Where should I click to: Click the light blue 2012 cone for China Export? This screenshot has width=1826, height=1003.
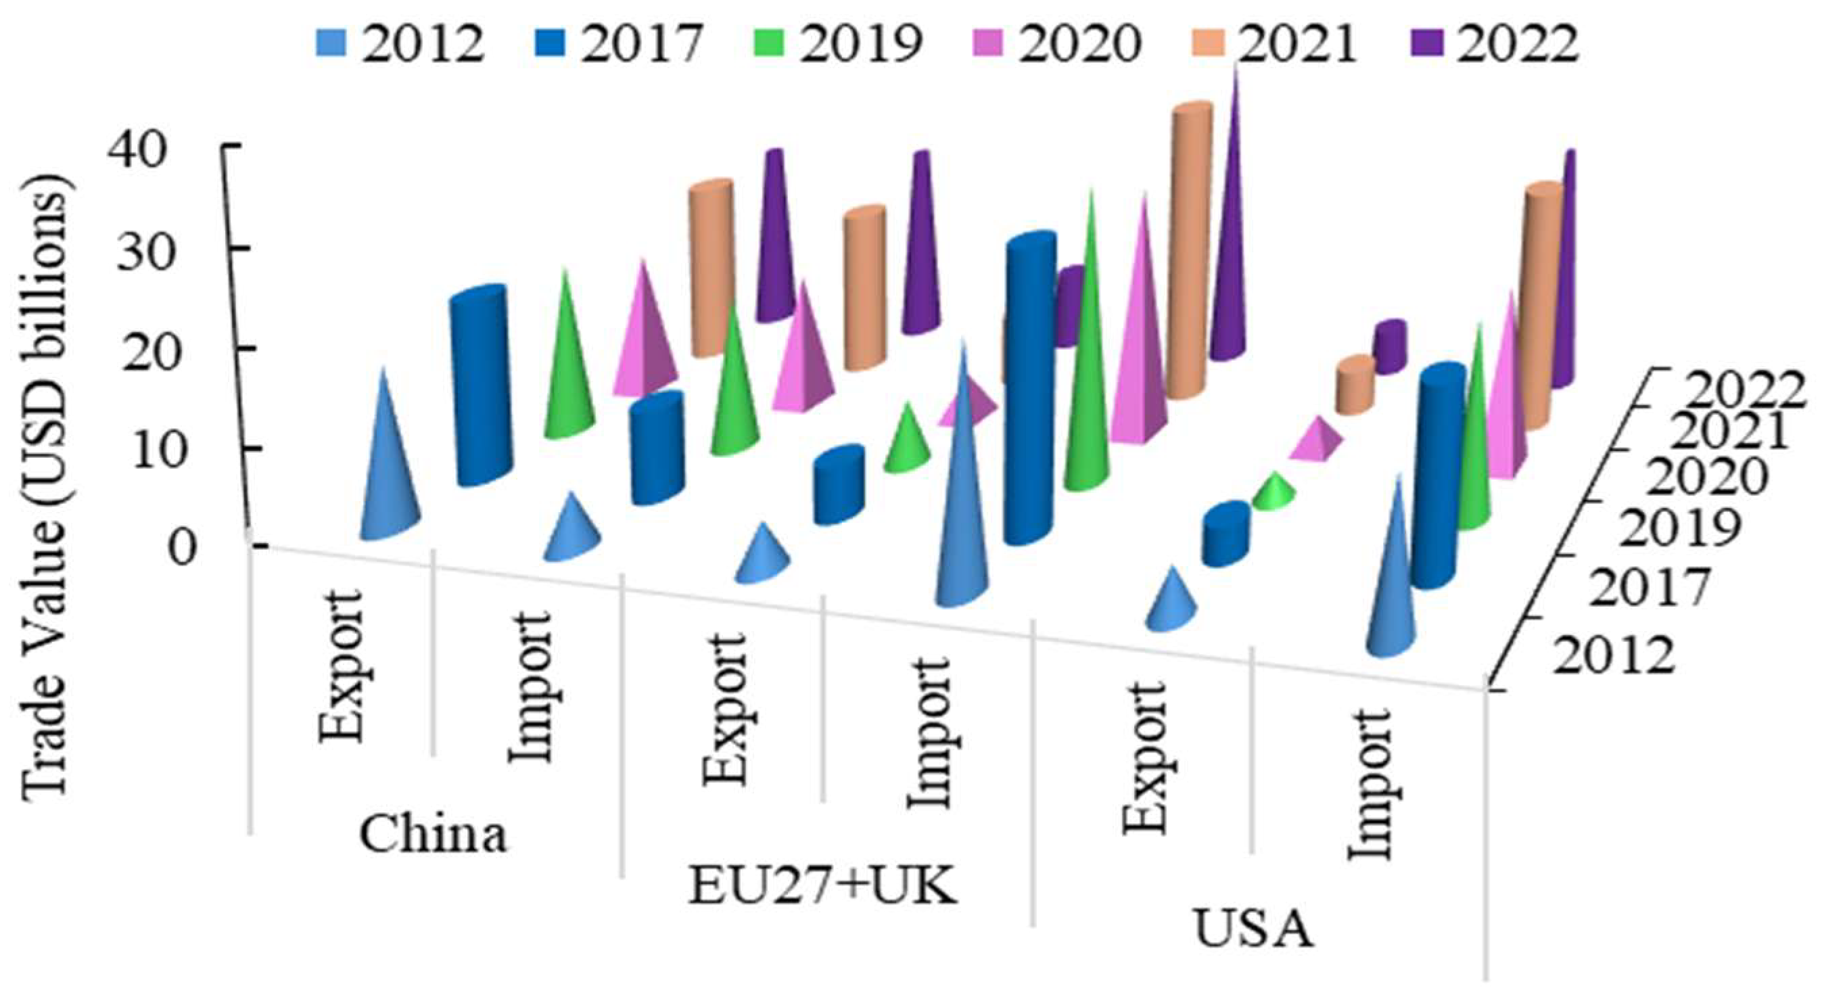[388, 482]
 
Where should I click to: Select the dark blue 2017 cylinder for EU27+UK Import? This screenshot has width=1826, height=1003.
[1029, 390]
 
